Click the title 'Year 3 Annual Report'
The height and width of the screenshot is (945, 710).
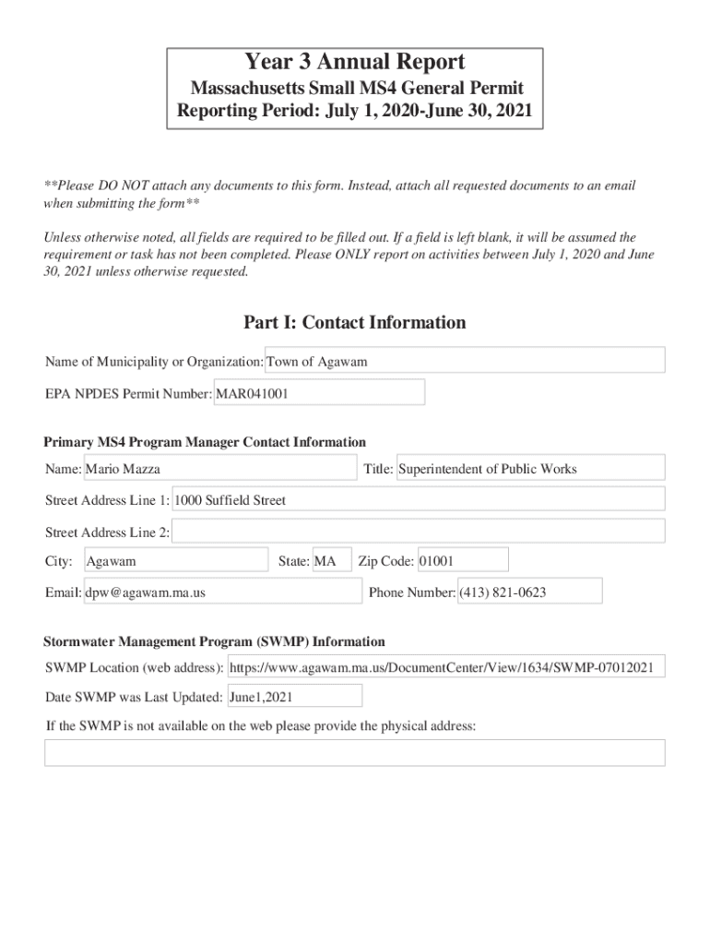point(355,63)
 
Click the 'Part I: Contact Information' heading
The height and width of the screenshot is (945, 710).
point(355,323)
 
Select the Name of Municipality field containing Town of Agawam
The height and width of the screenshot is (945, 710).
point(465,362)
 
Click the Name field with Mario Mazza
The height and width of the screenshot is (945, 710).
point(220,469)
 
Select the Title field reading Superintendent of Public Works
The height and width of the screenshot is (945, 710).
point(530,469)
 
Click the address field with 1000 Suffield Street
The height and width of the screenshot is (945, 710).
point(419,500)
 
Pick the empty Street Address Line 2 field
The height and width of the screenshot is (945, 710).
point(419,532)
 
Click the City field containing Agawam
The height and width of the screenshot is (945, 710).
point(175,561)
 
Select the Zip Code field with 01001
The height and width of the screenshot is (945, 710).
point(462,561)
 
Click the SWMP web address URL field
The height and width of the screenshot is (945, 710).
point(445,667)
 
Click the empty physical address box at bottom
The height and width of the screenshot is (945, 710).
point(355,753)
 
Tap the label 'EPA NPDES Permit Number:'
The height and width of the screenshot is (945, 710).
point(129,394)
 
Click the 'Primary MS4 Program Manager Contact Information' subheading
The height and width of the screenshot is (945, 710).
point(205,442)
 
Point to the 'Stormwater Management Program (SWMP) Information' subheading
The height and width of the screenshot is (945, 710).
point(214,641)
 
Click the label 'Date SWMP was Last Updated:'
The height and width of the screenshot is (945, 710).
point(134,697)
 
